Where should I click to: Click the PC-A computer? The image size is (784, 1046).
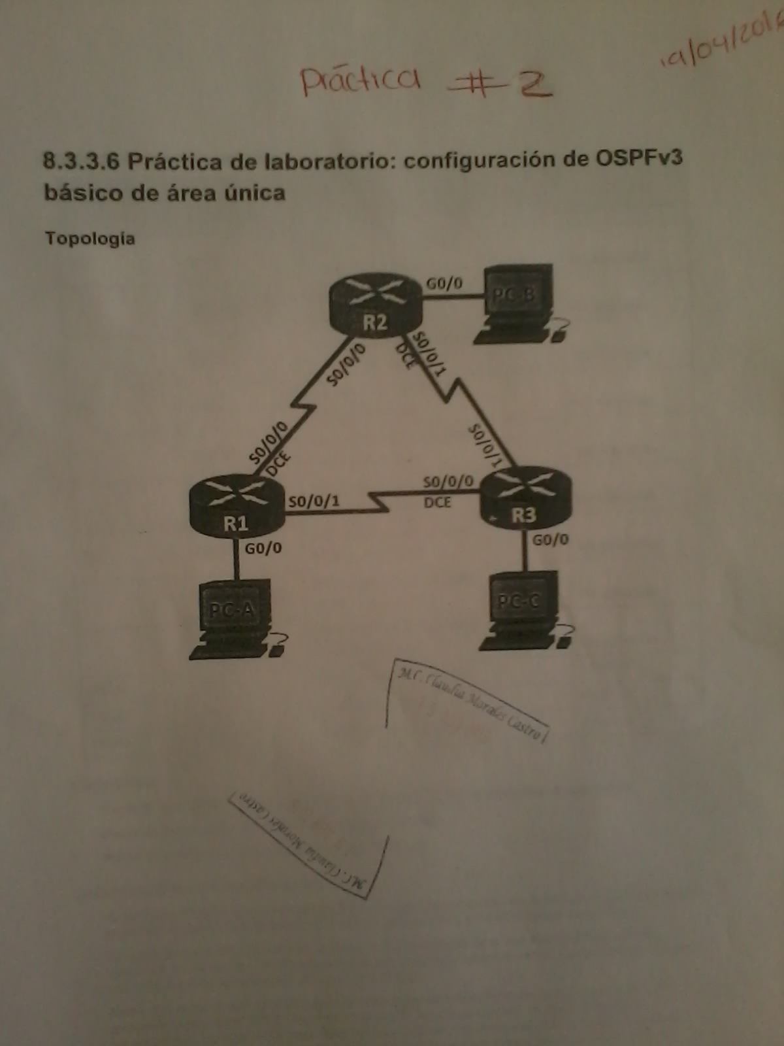pyautogui.click(x=234, y=618)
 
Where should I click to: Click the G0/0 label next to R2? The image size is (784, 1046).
pyautogui.click(x=444, y=284)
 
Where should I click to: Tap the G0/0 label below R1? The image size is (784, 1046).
pyautogui.click(x=263, y=548)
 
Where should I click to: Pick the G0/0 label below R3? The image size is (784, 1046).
pyautogui.click(x=550, y=540)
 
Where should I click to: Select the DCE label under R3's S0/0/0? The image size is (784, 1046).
pyautogui.click(x=437, y=502)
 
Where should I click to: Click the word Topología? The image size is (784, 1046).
pyautogui.click(x=90, y=239)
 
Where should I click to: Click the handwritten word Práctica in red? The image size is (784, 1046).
pyautogui.click(x=360, y=80)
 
